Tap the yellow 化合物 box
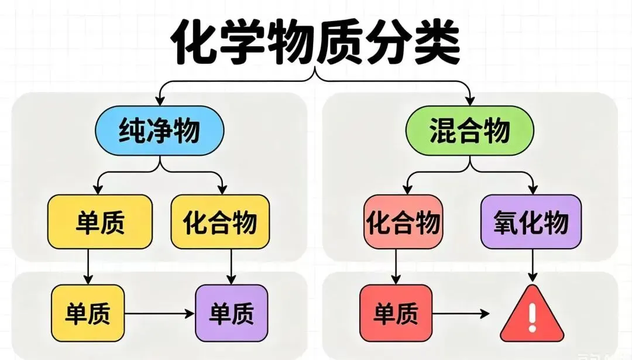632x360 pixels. click(220, 222)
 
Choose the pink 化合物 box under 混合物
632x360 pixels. click(403, 222)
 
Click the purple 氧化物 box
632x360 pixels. click(531, 222)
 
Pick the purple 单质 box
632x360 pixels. click(231, 313)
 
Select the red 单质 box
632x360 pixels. click(396, 313)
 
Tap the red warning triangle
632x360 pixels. click(531, 316)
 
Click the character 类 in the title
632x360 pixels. click(432, 42)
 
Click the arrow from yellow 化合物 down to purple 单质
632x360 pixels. click(231, 266)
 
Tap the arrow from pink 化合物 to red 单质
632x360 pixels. click(396, 266)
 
